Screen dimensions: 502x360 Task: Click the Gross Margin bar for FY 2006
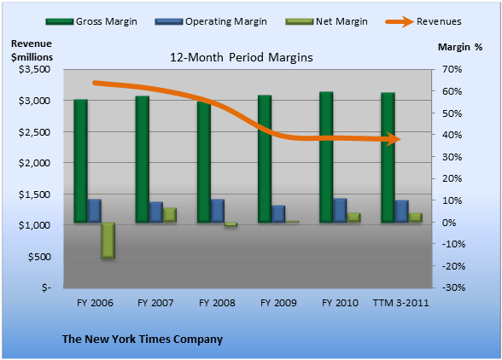[80, 161]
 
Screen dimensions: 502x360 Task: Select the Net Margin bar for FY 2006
[108, 241]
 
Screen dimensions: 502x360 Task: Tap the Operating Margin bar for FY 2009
[278, 214]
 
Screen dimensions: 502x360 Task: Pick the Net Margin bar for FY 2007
[170, 215]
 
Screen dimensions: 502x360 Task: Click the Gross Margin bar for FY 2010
[326, 157]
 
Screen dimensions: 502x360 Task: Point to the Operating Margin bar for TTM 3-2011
[401, 212]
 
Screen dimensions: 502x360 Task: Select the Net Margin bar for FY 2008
[231, 224]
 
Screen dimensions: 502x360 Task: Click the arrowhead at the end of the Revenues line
[394, 139]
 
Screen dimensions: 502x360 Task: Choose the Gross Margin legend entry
[91, 21]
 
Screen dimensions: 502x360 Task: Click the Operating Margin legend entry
[211, 21]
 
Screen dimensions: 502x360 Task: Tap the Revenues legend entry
[423, 21]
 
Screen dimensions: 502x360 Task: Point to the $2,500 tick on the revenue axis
[34, 132]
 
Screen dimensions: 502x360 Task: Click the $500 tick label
[39, 257]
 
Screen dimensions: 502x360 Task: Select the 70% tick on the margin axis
[452, 69]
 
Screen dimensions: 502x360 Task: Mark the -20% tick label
[453, 266]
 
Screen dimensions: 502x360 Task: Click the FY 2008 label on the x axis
[217, 303]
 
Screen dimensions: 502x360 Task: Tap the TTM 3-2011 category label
[401, 303]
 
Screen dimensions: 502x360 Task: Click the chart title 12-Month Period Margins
[242, 58]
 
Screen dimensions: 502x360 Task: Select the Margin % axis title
[460, 48]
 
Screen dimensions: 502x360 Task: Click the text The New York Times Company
[143, 339]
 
